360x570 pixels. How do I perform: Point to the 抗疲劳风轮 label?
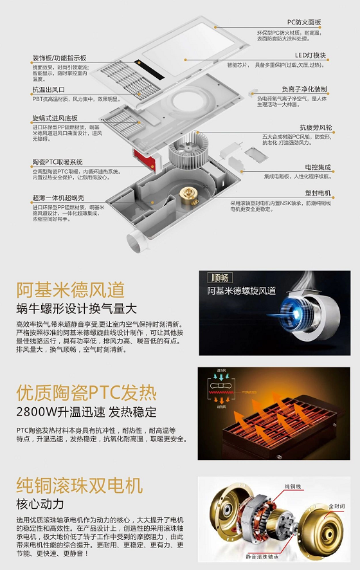pyautogui.click(x=316, y=127)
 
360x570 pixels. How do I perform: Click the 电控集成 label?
pyautogui.click(x=319, y=167)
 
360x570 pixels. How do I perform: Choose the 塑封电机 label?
pyautogui.click(x=318, y=193)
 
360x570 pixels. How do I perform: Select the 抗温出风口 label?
pyautogui.click(x=50, y=90)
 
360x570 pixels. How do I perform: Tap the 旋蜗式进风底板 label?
pyautogui.click(x=55, y=118)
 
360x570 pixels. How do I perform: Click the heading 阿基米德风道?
pyautogui.click(x=71, y=289)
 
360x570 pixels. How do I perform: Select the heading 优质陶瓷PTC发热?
pyautogui.click(x=86, y=392)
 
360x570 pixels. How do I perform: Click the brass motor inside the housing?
pyautogui.click(x=188, y=192)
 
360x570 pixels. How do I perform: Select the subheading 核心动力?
pyautogui.click(x=40, y=503)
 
